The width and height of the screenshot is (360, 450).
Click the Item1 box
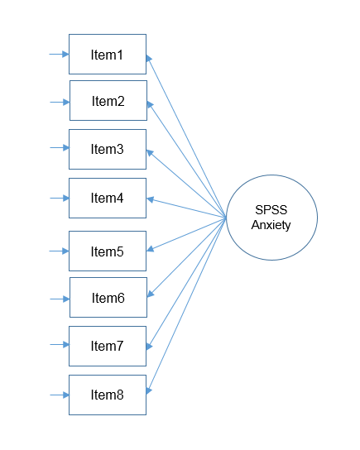pos(107,55)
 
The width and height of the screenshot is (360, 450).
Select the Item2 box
pos(108,101)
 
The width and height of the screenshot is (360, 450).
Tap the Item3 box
pos(107,150)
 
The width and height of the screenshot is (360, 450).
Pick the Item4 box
pos(107,198)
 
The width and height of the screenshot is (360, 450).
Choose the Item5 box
pos(107,251)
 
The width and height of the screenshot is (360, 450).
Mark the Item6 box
pos(108,297)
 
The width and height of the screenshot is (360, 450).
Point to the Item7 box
pos(107,346)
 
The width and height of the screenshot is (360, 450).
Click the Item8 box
pos(107,395)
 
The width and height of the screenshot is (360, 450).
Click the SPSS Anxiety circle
pos(272,218)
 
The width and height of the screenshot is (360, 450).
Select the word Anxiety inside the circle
pos(272,225)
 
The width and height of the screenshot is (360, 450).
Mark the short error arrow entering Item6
pos(60,298)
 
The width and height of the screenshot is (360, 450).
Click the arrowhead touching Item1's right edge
pos(150,58)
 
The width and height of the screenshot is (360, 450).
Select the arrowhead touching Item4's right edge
pos(151,199)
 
